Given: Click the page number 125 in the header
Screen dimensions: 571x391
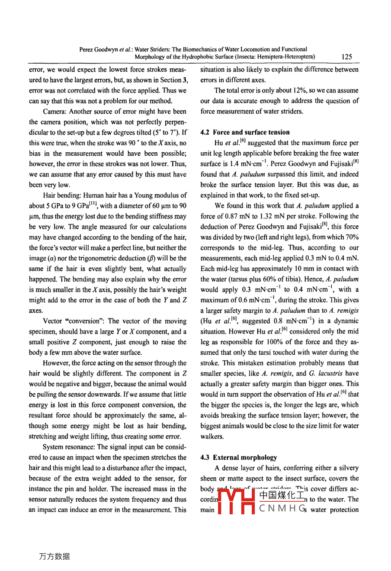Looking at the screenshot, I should click(x=346, y=57).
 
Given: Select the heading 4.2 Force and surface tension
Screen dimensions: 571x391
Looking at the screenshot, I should click(x=245, y=132).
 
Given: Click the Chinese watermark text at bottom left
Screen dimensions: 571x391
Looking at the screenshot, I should click(x=54, y=556).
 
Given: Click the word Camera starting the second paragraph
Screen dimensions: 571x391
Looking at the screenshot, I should click(x=54, y=112).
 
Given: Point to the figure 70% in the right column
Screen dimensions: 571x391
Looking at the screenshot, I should click(x=350, y=237).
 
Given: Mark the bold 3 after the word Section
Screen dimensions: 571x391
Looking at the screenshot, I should click(x=185, y=80).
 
